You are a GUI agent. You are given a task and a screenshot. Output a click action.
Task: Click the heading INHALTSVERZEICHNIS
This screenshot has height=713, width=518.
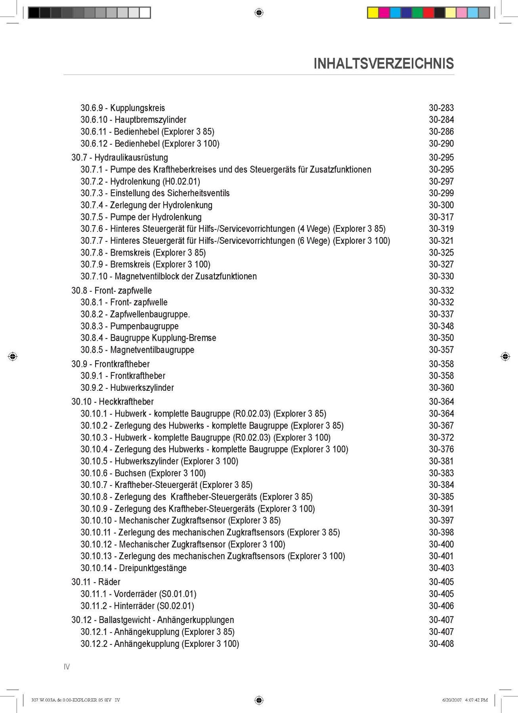pyautogui.click(x=384, y=64)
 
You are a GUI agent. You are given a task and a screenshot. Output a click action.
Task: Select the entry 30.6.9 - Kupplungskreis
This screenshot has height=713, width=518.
pyautogui.click(x=122, y=108)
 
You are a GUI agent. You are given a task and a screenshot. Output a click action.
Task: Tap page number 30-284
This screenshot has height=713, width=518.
pyautogui.click(x=441, y=120)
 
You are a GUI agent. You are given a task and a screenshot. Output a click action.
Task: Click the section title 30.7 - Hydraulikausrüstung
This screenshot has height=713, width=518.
pyautogui.click(x=119, y=157)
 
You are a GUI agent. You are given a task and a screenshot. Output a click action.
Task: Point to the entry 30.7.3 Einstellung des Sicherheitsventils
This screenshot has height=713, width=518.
pyautogui.click(x=155, y=193)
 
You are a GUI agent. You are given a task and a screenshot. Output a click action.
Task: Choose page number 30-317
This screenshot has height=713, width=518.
pyautogui.click(x=441, y=217)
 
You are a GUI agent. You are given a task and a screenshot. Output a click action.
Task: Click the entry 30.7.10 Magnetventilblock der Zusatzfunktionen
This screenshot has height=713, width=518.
pyautogui.click(x=168, y=276)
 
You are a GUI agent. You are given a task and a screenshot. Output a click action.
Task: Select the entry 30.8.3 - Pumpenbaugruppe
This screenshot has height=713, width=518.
pyautogui.click(x=129, y=326)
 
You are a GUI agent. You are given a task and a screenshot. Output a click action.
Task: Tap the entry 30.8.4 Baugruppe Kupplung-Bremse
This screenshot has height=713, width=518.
pyautogui.click(x=148, y=338)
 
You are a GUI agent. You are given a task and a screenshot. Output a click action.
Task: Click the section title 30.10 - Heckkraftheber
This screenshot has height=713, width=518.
pyautogui.click(x=112, y=401)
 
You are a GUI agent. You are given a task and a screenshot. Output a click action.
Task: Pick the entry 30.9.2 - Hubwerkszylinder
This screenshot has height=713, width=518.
pyautogui.click(x=127, y=388)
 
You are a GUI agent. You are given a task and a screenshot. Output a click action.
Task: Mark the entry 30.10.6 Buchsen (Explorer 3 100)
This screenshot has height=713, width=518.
pyautogui.click(x=143, y=473)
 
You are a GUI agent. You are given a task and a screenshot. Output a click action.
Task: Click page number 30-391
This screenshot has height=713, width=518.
pyautogui.click(x=441, y=508)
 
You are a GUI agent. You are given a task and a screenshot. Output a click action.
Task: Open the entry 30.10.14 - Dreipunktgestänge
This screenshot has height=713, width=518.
pyautogui.click(x=133, y=568)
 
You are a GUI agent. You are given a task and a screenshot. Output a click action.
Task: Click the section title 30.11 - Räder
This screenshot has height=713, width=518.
pyautogui.click(x=96, y=582)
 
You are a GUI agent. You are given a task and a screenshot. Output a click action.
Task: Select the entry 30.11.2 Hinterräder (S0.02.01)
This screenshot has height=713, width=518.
pyautogui.click(x=137, y=606)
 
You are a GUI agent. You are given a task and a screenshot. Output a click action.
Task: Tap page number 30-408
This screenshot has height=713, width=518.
pyautogui.click(x=441, y=644)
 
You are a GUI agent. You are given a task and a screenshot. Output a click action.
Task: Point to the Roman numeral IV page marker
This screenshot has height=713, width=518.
pyautogui.click(x=67, y=667)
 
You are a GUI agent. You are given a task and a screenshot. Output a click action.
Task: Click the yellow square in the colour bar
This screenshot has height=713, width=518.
pyautogui.click(x=373, y=13)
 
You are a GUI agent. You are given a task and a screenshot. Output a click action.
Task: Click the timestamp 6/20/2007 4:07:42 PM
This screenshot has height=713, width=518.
pyautogui.click(x=465, y=700)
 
